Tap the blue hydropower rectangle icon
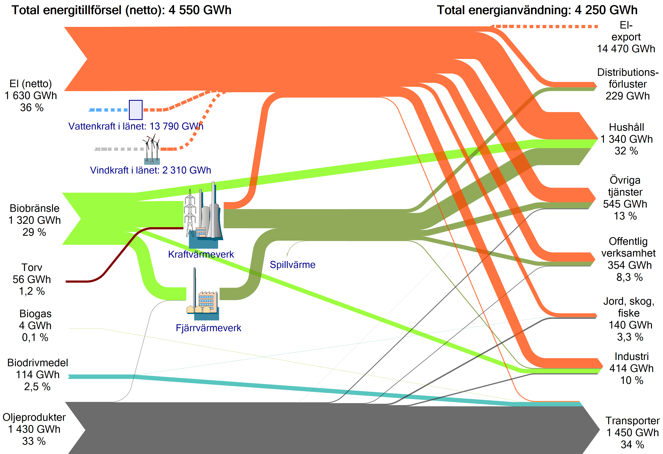[x=136, y=110]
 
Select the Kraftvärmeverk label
[x=201, y=254]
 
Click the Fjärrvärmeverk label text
[x=209, y=328]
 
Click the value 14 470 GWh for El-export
[x=626, y=49]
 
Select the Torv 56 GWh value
[x=32, y=279]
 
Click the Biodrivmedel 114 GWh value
[x=38, y=375]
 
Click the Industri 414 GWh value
[x=632, y=368]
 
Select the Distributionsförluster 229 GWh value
[x=628, y=96]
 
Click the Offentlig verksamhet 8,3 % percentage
[x=630, y=277]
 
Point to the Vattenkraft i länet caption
[x=136, y=126]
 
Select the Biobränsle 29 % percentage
[x=34, y=232]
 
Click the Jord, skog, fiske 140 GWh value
[x=631, y=325]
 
